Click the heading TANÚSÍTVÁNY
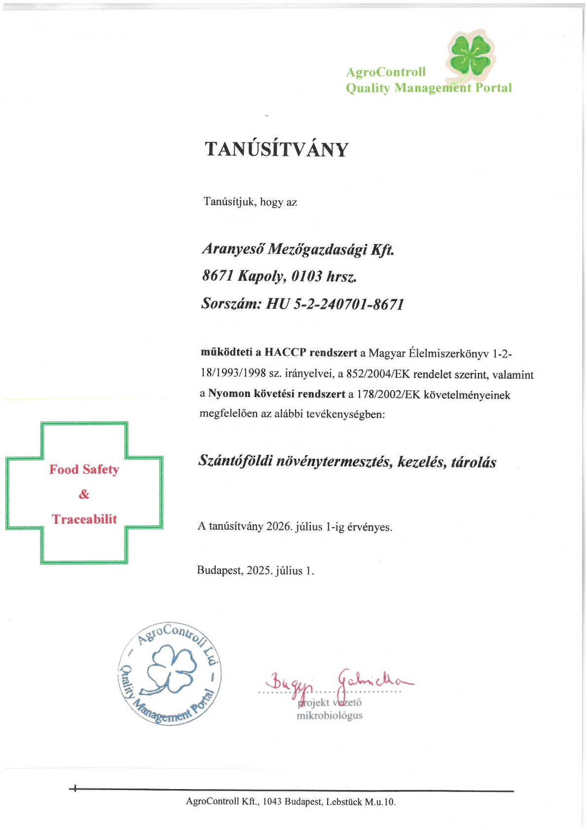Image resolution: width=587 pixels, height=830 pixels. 276,149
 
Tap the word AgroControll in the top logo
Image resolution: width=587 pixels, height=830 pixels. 385,72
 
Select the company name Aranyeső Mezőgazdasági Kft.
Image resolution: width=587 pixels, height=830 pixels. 298,249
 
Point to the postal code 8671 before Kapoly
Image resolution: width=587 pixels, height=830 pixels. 217,276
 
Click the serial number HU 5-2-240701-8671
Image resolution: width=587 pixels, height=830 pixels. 335,304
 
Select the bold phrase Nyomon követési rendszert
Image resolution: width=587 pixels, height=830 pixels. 276,394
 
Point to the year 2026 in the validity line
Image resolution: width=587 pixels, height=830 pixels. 279,526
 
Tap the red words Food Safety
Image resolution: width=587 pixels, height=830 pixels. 84,469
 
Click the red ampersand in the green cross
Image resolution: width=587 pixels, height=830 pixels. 84,494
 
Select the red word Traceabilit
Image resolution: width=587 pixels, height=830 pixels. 84,519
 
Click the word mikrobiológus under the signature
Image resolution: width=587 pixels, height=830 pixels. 329,716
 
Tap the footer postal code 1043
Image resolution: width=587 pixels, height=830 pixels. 272,802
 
